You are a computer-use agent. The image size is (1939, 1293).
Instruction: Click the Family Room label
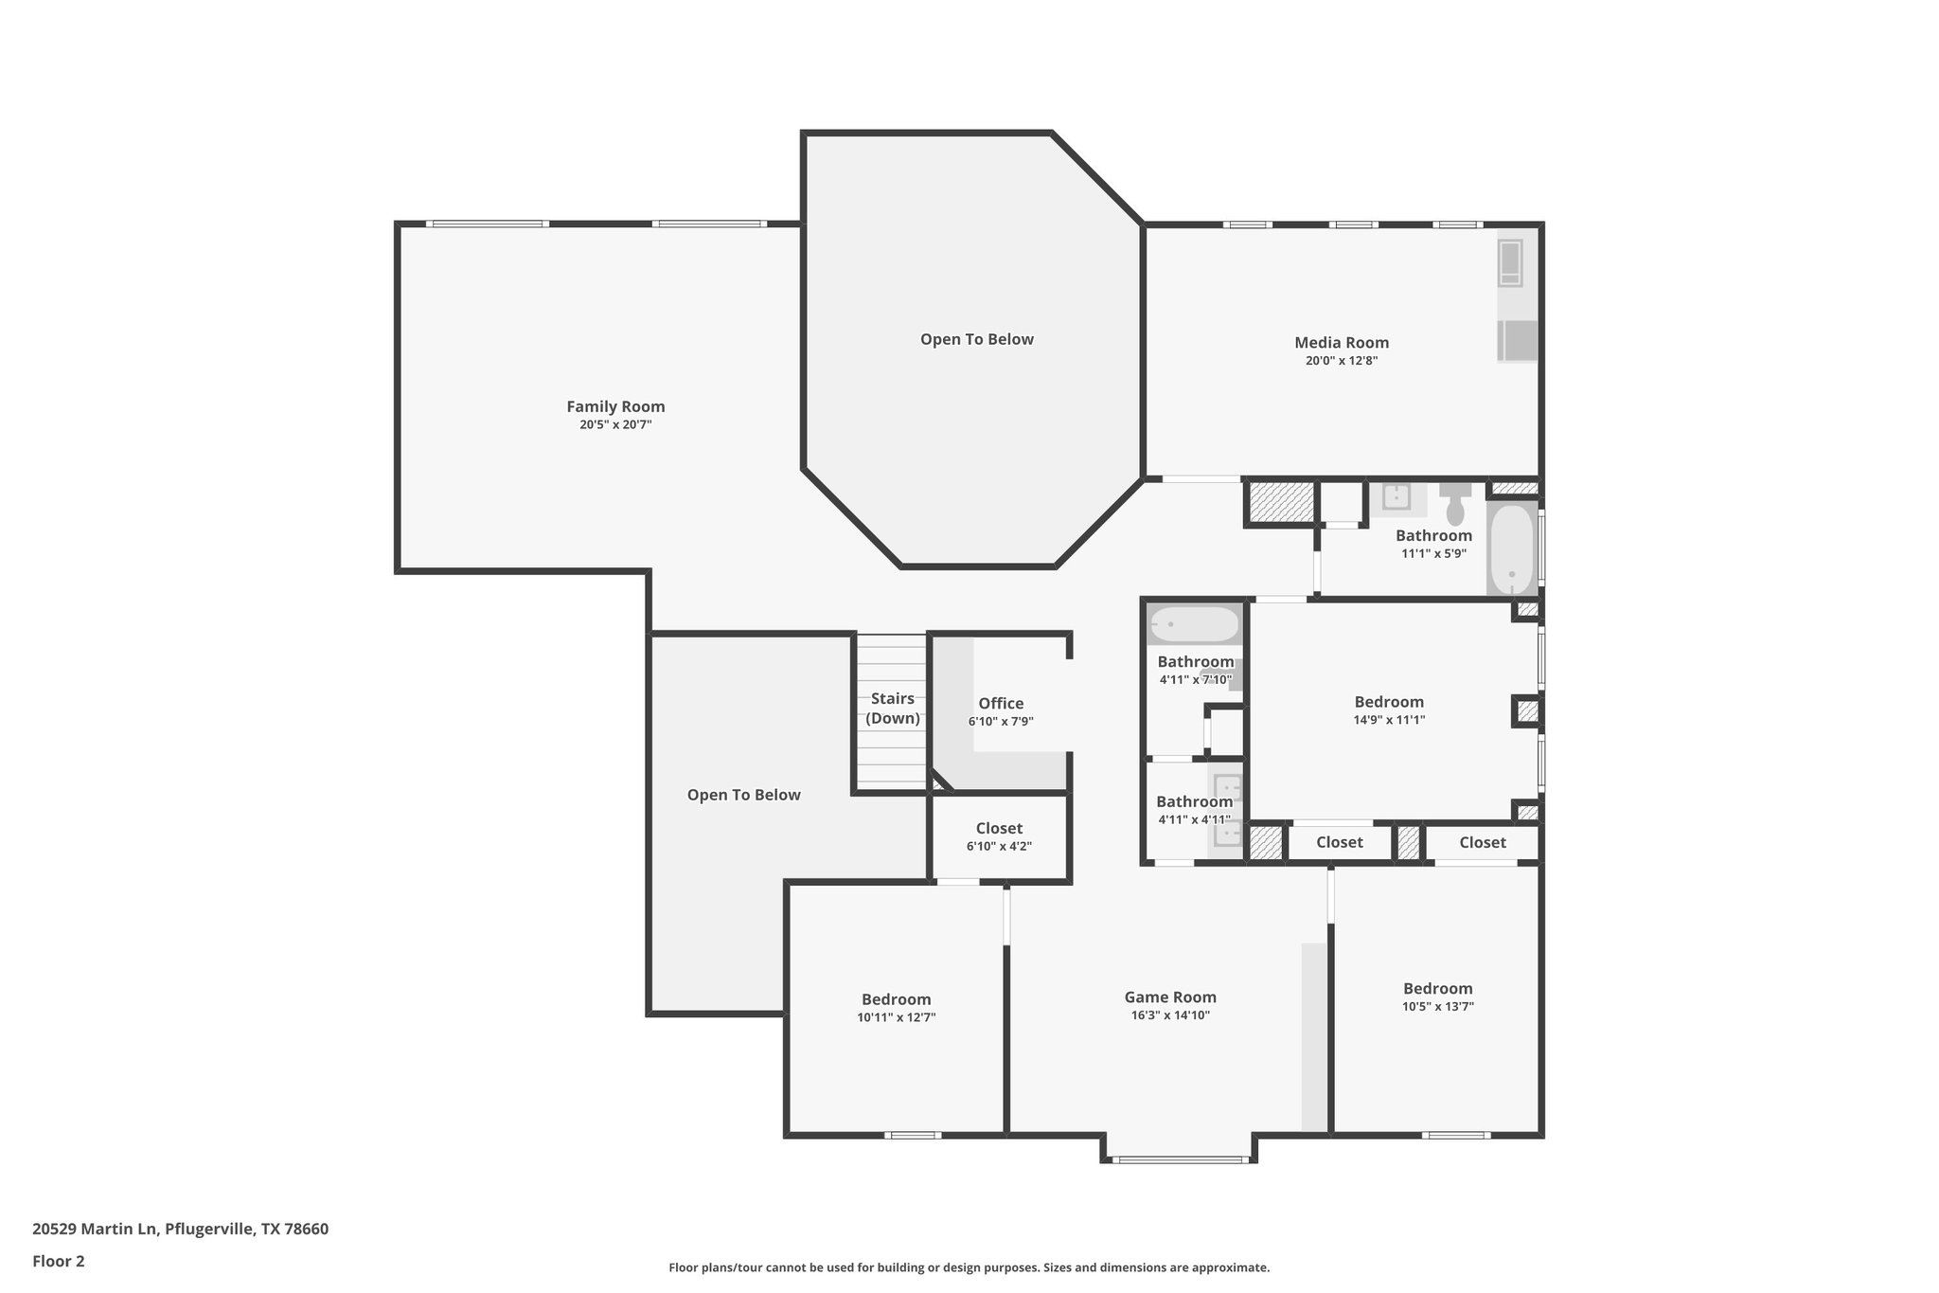pos(615,406)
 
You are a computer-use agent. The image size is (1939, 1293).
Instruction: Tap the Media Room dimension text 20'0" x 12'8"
pos(1341,361)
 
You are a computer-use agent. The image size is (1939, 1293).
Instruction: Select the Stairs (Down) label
pos(893,708)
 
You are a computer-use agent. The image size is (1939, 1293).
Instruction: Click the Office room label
pos(1001,703)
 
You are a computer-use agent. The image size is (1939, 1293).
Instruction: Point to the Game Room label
pos(1170,997)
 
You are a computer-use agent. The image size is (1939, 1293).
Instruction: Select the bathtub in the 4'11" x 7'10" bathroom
pos(1194,625)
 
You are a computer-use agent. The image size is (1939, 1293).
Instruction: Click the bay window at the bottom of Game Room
pos(1178,1158)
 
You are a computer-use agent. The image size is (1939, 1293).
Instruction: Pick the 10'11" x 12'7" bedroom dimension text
pos(896,1017)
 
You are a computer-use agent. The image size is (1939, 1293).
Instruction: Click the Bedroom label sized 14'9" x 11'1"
pos(1389,702)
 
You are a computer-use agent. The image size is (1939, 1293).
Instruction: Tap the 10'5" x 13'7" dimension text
pos(1437,1007)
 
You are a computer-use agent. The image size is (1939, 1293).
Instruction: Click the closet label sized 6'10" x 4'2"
pos(999,829)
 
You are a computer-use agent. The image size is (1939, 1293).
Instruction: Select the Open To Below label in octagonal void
pos(976,339)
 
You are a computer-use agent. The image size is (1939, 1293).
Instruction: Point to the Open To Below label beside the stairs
pos(743,795)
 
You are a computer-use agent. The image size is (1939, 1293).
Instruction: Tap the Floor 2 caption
pos(59,1261)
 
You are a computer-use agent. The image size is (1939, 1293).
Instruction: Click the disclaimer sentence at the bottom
pos(969,1267)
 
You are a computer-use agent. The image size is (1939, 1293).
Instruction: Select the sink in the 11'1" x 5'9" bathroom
pos(1396,496)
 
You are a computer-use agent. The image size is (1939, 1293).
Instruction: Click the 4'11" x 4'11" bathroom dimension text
pos(1194,820)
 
